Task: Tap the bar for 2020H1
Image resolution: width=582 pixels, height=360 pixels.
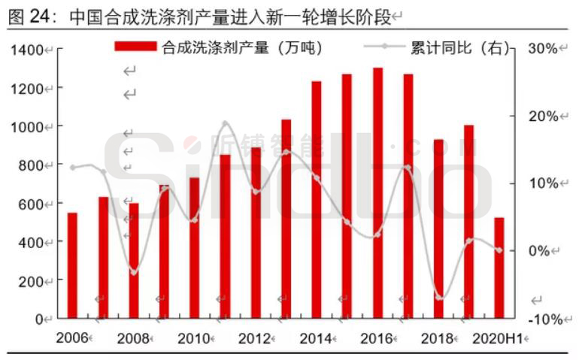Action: point(499,268)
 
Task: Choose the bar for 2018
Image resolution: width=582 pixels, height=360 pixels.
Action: point(438,229)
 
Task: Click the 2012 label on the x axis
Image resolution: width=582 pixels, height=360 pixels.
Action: point(255,338)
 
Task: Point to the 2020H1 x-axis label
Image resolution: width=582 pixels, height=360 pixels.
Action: point(497,338)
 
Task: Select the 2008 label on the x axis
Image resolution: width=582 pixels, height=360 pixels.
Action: point(133,338)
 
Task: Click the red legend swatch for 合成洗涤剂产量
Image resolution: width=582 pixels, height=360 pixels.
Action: point(136,47)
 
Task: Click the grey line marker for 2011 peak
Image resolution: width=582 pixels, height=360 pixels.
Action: point(225,123)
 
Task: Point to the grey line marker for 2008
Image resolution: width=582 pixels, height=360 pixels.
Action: point(134,271)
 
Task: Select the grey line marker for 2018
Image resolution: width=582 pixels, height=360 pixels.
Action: point(439,297)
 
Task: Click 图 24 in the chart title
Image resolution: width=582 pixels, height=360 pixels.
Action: point(29,15)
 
